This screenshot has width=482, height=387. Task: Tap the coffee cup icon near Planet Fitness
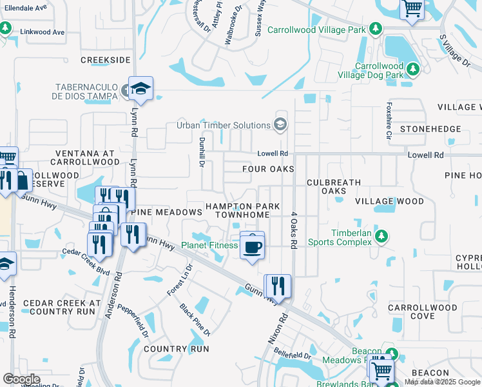[252, 245]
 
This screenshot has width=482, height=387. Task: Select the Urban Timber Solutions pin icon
[280, 124]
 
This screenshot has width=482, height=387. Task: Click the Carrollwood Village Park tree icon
[375, 30]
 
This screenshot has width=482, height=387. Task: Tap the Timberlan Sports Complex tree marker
[381, 237]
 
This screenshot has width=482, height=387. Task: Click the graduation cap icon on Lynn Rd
[139, 89]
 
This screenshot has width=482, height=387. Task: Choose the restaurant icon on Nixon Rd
[278, 284]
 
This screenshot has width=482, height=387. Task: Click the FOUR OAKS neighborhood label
[268, 169]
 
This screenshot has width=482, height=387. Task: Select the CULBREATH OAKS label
[334, 186]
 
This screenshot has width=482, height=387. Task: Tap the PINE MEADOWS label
[168, 212]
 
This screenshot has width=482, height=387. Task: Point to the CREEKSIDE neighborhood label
[106, 60]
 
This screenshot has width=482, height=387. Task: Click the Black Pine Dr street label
[195, 319]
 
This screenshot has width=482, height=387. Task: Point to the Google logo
[21, 379]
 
